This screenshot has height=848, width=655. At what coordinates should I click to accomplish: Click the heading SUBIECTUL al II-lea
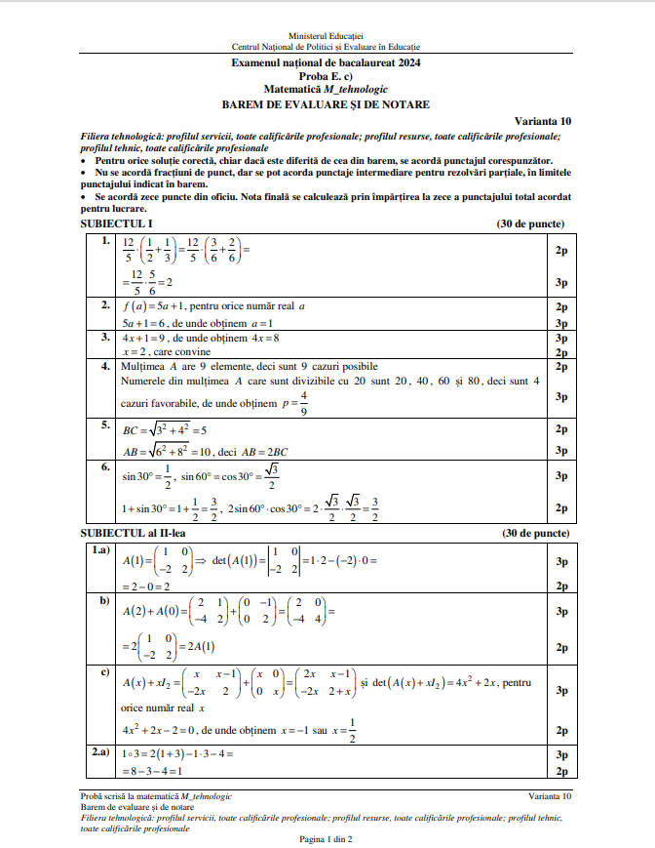(134, 534)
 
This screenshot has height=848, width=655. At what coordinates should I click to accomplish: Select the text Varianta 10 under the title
(545, 121)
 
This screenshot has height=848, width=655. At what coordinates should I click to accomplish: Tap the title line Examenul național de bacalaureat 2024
(327, 62)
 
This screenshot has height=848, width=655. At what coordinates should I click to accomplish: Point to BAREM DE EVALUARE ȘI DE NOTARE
(327, 104)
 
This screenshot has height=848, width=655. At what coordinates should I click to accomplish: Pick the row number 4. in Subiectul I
(105, 367)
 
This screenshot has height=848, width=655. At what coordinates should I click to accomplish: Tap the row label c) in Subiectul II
(103, 672)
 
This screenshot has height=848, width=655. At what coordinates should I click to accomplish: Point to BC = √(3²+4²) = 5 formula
(164, 428)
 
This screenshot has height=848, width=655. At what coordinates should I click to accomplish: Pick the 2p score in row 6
(560, 507)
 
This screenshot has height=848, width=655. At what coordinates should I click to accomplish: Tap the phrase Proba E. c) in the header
(327, 76)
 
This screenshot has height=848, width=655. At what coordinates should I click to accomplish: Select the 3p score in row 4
(560, 397)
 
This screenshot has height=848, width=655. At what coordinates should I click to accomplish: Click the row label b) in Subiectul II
(103, 601)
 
